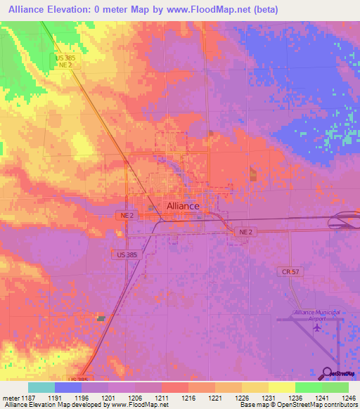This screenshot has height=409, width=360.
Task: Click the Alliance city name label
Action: tap(183, 206)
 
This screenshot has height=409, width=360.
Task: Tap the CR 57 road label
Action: tap(290, 271)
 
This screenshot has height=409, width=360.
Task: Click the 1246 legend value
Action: tap(340, 398)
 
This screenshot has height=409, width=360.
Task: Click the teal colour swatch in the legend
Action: tap(41, 387)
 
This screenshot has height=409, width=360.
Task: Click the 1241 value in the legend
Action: tap(313, 398)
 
